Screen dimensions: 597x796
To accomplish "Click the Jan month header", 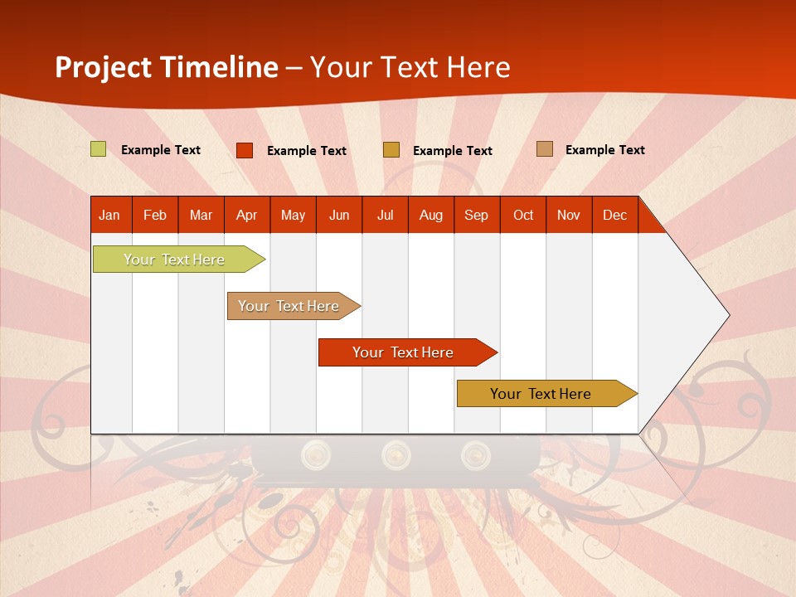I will click(110, 215).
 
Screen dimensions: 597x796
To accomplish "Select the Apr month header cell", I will click(247, 215).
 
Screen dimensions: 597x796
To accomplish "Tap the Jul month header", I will click(385, 215).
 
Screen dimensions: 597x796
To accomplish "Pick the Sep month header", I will click(477, 215).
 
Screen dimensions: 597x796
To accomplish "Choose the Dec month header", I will click(614, 215).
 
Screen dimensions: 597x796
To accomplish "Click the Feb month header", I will click(155, 215).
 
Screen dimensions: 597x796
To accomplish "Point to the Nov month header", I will click(569, 215).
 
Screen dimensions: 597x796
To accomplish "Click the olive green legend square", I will click(99, 149).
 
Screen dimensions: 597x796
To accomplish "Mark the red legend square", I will click(245, 150).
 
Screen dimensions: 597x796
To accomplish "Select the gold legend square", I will click(391, 150).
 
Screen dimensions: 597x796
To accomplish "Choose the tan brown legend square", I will click(545, 149).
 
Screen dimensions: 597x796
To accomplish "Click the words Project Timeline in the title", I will click(167, 67).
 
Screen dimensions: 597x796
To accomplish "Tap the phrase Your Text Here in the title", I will click(410, 67).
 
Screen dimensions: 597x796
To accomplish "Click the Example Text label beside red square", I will click(307, 151).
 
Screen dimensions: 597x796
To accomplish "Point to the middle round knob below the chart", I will click(396, 454).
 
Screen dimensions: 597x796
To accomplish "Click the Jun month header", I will click(339, 215).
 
